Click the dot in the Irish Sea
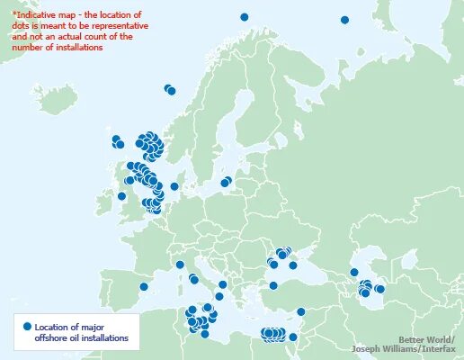coord(122,196)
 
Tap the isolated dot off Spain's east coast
coord(144,287)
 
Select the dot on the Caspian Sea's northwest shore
coord(354,273)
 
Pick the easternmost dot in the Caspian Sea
coord(379,289)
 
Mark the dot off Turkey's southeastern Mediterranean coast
coord(301,312)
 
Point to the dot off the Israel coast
coord(293,337)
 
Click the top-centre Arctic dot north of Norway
coord(244,17)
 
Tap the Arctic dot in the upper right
coord(344,20)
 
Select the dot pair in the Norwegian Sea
coord(170,89)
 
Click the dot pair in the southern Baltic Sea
coord(226,182)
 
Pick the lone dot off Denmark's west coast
coord(174,187)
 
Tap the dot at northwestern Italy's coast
coord(180,265)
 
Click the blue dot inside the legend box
coord(27,326)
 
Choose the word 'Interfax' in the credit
coord(438,349)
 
